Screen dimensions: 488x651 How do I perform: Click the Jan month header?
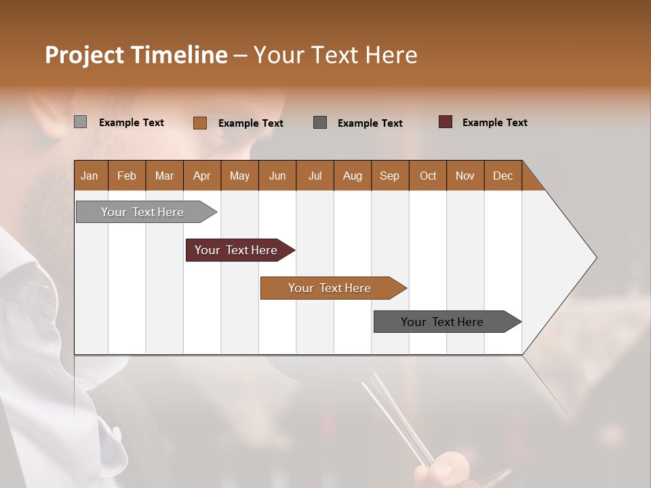(90, 176)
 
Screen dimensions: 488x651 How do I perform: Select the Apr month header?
(201, 176)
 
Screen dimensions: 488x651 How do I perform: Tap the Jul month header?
(315, 176)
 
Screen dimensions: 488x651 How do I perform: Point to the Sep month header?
(389, 176)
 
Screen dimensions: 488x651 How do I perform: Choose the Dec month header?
(502, 176)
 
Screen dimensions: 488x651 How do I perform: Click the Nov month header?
(465, 176)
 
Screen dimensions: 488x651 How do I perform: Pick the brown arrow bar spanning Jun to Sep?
(331, 288)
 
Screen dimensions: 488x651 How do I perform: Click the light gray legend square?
(80, 122)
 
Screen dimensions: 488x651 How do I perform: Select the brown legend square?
(199, 123)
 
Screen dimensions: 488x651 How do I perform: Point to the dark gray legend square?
(320, 123)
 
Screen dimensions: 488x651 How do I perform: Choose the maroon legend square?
(445, 122)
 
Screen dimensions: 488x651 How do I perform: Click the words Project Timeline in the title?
(136, 55)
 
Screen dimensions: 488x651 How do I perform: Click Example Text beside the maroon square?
(494, 123)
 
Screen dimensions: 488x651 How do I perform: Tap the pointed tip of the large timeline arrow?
(594, 258)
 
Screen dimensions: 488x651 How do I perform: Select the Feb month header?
(127, 176)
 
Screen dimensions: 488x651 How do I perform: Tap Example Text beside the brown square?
(250, 123)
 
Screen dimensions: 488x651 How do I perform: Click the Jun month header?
(277, 176)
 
